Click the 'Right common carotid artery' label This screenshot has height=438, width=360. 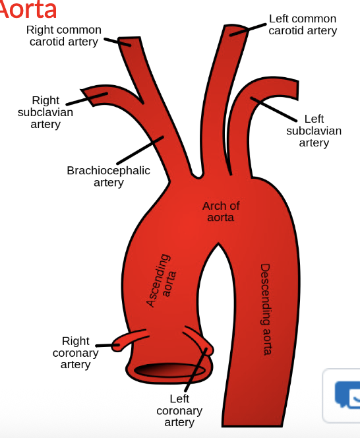(64, 36)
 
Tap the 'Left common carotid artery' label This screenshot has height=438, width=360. (303, 24)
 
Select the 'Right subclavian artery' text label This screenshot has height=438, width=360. (45, 112)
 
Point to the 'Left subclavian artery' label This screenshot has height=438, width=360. (314, 131)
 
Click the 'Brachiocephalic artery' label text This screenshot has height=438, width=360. (108, 176)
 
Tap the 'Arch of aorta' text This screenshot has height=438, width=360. (221, 211)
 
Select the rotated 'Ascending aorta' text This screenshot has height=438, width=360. (159, 280)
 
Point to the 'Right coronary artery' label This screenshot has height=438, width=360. (75, 352)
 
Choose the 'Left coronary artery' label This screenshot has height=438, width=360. (179, 410)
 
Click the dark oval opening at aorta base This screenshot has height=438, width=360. (171, 371)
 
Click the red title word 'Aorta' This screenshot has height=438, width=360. (28, 9)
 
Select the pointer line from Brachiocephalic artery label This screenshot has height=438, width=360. (140, 150)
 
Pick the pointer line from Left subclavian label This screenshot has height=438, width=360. (274, 109)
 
